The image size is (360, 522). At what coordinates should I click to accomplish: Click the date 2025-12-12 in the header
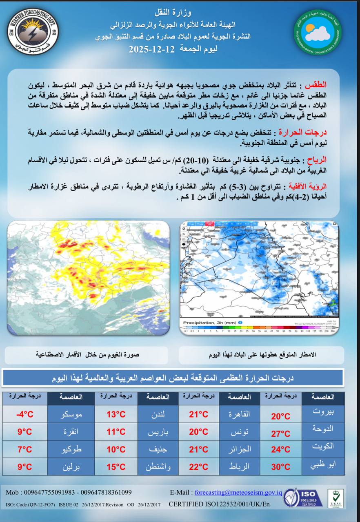point(152,50)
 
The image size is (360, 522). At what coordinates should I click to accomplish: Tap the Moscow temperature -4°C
point(24,414)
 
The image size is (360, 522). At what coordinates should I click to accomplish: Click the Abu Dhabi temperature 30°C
point(280,467)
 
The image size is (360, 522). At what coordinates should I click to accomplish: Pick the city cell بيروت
point(323,411)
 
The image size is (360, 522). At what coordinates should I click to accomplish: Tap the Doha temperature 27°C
point(280,434)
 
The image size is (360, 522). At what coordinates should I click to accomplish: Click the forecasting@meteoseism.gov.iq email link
point(238,492)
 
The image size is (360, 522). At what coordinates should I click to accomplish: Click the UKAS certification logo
point(335,498)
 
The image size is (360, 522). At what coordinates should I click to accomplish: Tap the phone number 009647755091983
point(47,492)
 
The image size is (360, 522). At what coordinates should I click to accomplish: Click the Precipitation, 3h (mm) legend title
point(210,323)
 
